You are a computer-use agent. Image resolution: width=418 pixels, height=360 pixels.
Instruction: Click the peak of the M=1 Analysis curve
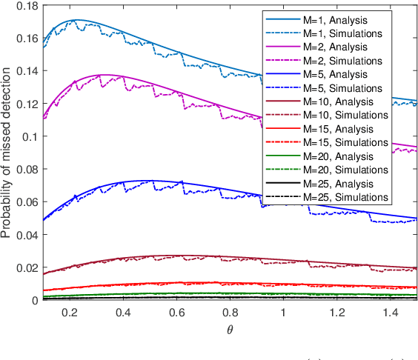[77, 20]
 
